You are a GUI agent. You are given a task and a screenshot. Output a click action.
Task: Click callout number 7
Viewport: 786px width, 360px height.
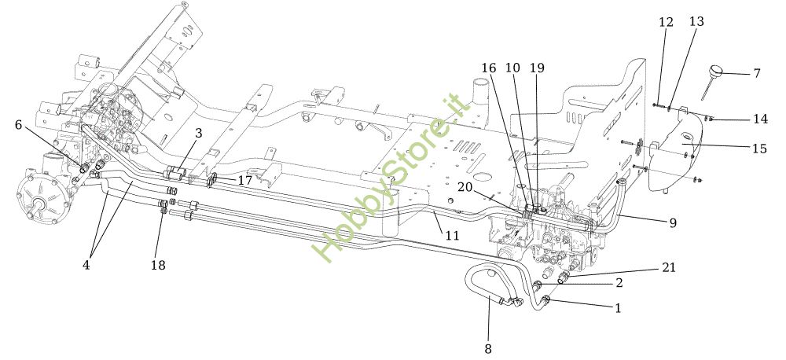point(756,74)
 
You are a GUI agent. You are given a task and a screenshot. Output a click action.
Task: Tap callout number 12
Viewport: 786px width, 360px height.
point(666,22)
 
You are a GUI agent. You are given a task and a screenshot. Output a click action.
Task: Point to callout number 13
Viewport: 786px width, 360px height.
point(696,22)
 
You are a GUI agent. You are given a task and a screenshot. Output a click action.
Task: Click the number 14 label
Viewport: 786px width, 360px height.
point(759,119)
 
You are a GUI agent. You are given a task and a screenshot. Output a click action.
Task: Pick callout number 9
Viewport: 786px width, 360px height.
point(673,222)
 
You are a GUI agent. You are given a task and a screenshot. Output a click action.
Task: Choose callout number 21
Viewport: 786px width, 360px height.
point(669,268)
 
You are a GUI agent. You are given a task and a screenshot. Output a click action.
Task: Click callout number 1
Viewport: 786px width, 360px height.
point(618,308)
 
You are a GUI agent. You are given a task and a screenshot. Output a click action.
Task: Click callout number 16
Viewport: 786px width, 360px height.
point(488,68)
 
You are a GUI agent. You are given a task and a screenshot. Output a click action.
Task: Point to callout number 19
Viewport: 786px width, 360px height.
point(537,68)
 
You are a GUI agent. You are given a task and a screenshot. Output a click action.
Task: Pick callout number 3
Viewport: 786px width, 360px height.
point(199,134)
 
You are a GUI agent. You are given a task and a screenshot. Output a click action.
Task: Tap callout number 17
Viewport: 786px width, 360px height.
point(245,181)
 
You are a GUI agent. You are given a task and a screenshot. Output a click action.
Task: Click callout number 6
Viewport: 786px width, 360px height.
point(19,124)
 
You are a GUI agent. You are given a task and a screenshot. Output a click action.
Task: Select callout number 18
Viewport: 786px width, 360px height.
point(158,265)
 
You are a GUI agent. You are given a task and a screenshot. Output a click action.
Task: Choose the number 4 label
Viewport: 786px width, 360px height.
point(86,265)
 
